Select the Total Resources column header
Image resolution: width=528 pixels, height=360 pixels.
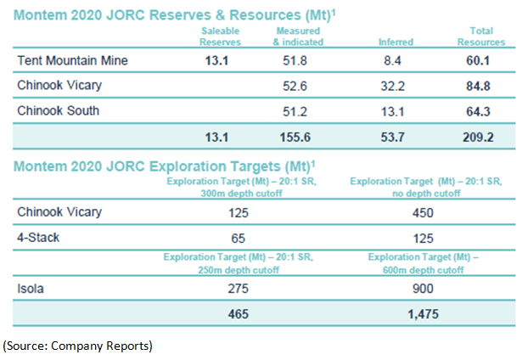pos(480,37)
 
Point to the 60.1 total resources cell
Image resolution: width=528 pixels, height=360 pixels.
pos(480,62)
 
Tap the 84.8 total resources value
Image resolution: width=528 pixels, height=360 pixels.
pos(480,87)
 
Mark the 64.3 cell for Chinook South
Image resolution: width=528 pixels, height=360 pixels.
pos(480,110)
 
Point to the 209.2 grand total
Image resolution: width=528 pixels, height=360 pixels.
pos(480,136)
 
